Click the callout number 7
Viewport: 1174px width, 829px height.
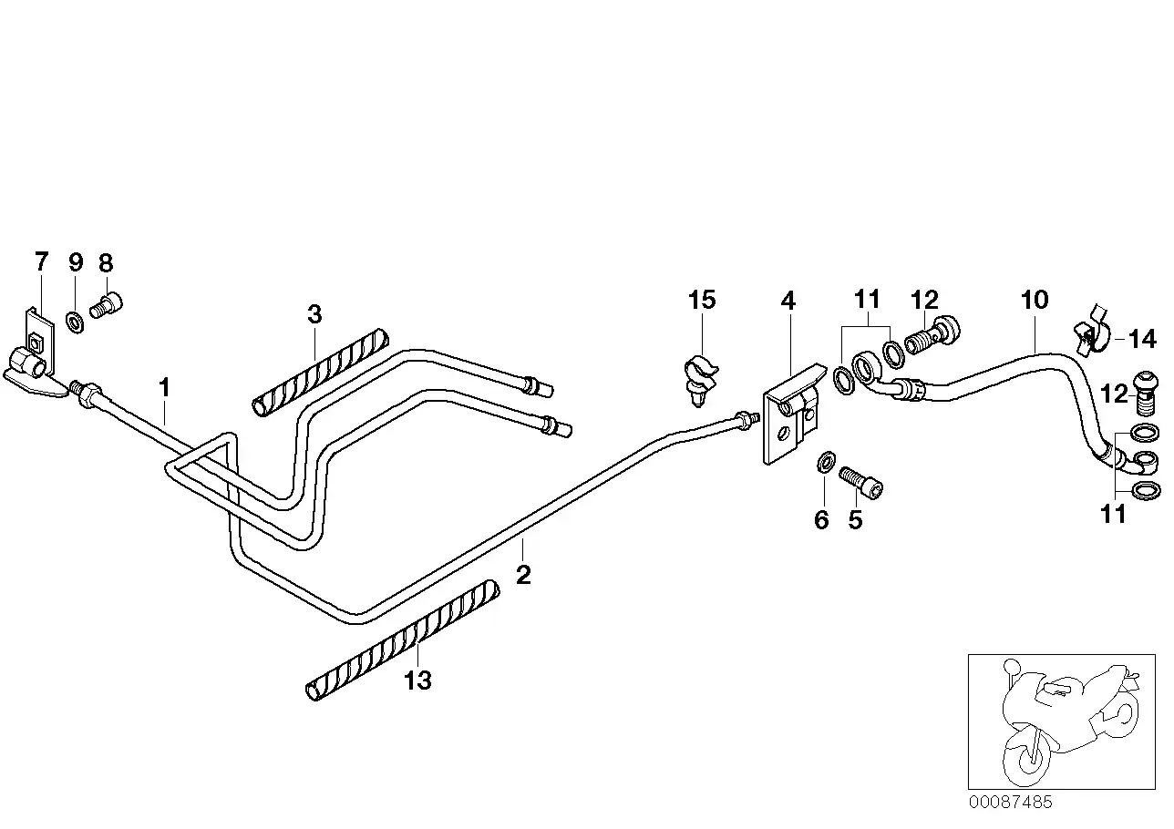(41, 262)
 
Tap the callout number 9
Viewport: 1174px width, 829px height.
(76, 262)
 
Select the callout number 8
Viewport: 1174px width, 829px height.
(106, 262)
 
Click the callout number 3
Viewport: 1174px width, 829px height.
(314, 315)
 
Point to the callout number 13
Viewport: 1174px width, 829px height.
(417, 680)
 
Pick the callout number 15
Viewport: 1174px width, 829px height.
(702, 300)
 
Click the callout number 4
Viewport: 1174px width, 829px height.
(788, 300)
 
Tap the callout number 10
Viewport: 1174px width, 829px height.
(1035, 300)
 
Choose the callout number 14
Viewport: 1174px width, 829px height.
(1141, 341)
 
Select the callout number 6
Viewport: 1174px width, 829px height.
(821, 520)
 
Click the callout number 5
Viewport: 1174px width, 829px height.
(855, 520)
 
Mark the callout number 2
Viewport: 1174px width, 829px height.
(522, 575)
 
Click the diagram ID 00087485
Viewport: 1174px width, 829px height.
(1010, 803)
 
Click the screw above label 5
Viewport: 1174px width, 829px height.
(862, 481)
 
